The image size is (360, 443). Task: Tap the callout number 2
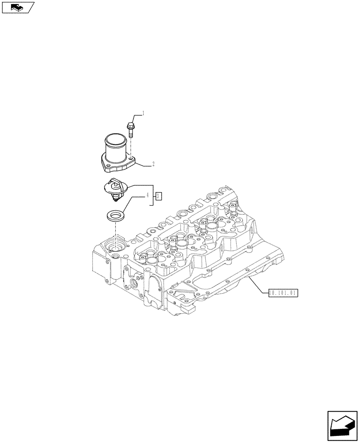153,164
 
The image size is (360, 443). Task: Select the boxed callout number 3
159,196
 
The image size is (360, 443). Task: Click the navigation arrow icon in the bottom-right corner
343,426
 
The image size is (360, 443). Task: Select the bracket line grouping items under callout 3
153,195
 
